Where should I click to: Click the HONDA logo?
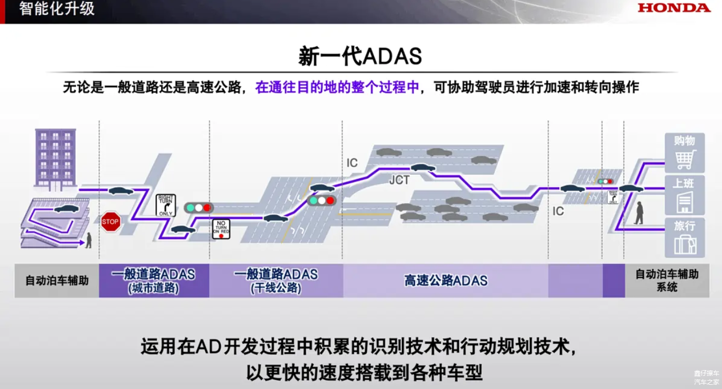tap(674, 8)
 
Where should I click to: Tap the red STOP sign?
tap(110, 222)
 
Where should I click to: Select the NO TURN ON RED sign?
tap(221, 229)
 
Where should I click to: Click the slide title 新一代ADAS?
tap(360, 56)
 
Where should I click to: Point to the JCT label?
tap(399, 180)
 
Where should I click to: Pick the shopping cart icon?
tap(685, 159)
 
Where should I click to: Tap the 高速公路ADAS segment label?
tap(445, 280)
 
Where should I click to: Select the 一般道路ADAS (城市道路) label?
tap(153, 280)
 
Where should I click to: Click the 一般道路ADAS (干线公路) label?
tap(276, 280)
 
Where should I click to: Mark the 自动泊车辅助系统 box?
tap(667, 280)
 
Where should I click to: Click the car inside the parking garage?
tap(66, 209)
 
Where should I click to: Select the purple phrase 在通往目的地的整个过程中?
tap(337, 87)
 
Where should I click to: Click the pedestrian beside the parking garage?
tap(89, 240)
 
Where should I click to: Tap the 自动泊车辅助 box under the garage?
tap(57, 280)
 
